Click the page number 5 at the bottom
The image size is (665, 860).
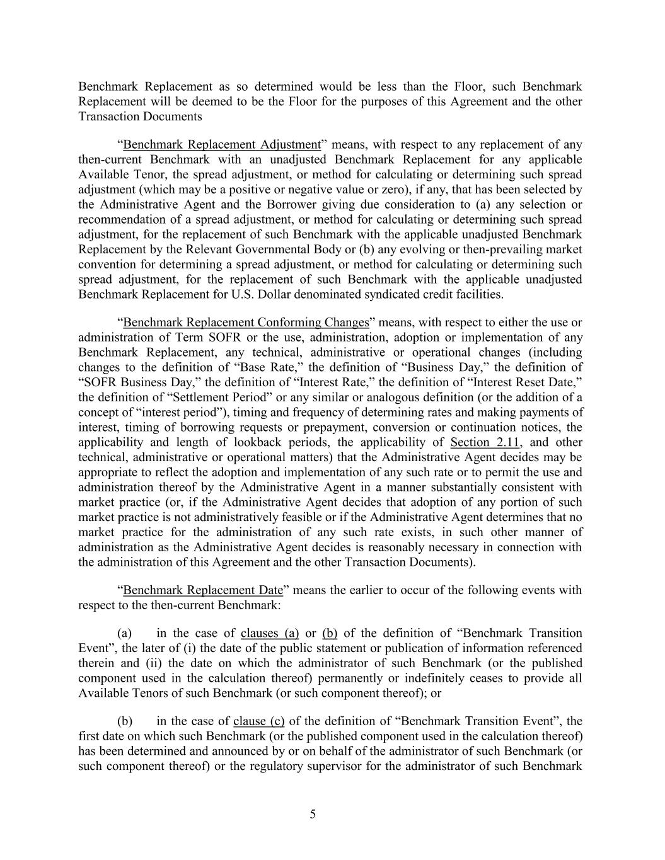pyautogui.click(x=313, y=814)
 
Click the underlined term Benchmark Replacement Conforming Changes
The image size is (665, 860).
pyautogui.click(x=246, y=323)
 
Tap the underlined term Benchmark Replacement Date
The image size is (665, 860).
pyautogui.click(x=203, y=590)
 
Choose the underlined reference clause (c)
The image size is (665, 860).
pyautogui.click(x=258, y=721)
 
